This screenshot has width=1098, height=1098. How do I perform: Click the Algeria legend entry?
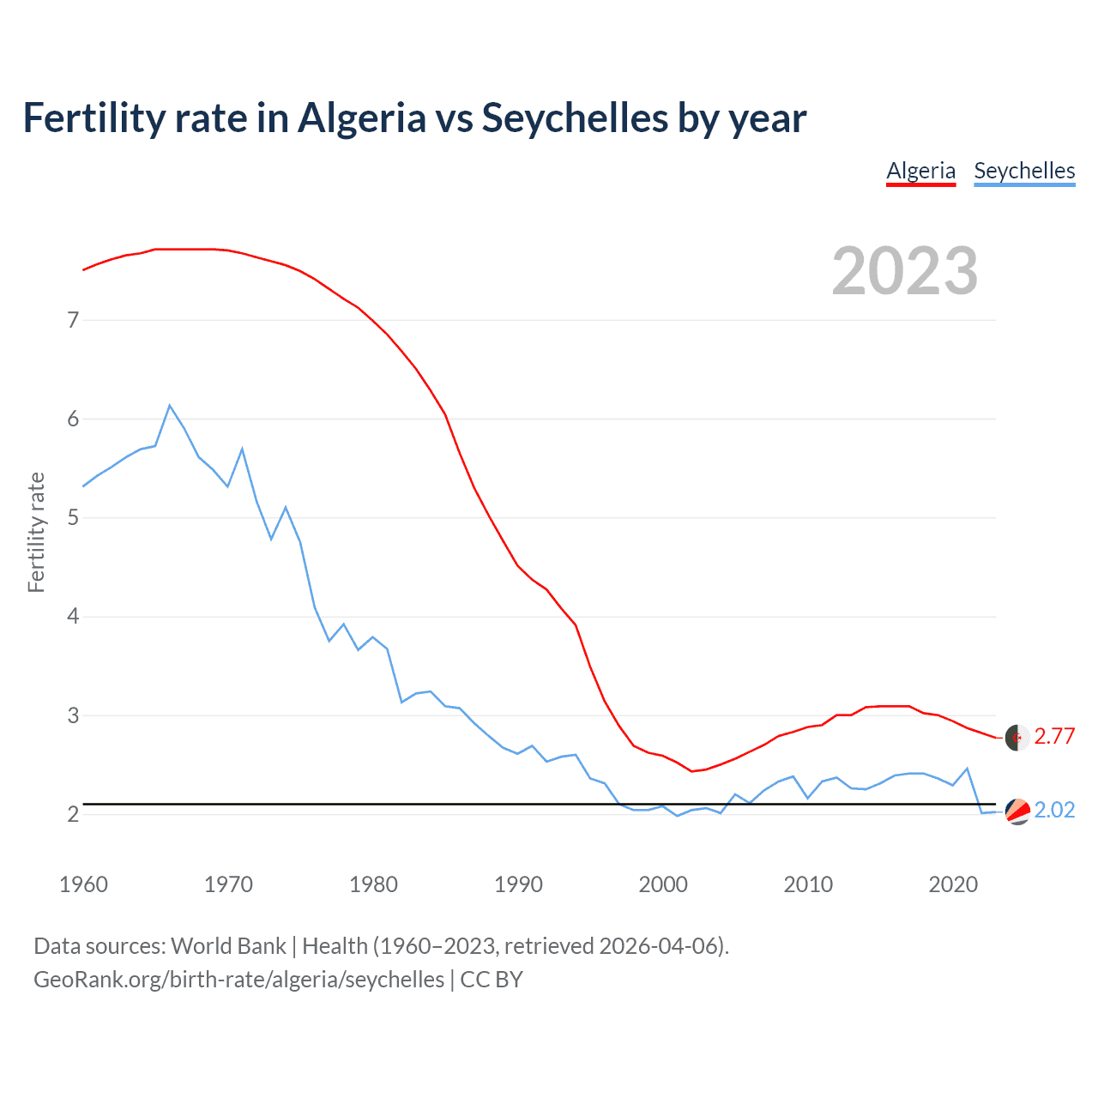click(920, 171)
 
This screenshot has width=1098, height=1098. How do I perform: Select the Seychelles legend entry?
click(1024, 171)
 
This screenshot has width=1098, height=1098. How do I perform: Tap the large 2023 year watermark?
click(905, 271)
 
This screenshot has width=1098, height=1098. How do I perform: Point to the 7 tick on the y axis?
click(73, 321)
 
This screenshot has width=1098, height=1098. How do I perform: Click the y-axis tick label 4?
click(73, 617)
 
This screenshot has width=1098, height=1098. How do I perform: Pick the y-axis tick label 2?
click(73, 814)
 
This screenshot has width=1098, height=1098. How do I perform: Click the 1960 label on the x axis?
click(83, 884)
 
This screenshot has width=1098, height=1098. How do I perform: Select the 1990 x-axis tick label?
click(518, 884)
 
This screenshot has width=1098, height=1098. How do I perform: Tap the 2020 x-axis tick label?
click(953, 884)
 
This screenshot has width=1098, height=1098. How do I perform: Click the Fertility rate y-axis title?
click(36, 532)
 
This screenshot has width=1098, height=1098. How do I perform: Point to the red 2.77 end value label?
click(1054, 737)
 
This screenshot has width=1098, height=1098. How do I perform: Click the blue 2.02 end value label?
click(1054, 811)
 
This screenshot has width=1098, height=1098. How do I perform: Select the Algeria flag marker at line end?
click(1017, 738)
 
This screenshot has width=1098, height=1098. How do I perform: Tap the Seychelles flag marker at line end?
click(1017, 811)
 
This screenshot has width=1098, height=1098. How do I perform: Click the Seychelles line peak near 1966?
click(170, 405)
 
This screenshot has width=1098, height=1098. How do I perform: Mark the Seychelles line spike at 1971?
click(242, 449)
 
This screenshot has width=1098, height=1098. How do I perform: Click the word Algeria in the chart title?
click(361, 118)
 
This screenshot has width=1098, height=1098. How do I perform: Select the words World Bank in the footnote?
click(228, 946)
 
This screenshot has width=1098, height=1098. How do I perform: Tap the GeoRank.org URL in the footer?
click(238, 980)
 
